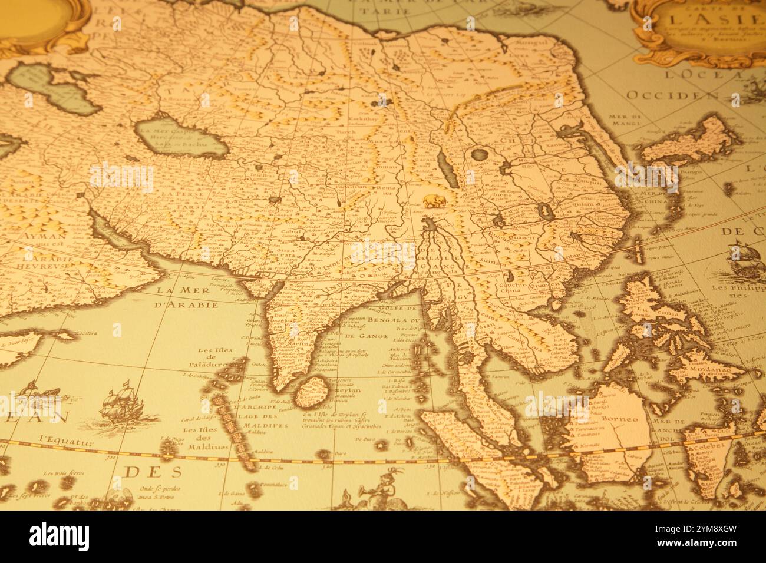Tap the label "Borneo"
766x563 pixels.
click(620, 419)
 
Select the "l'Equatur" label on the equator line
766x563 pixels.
click(67, 439)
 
